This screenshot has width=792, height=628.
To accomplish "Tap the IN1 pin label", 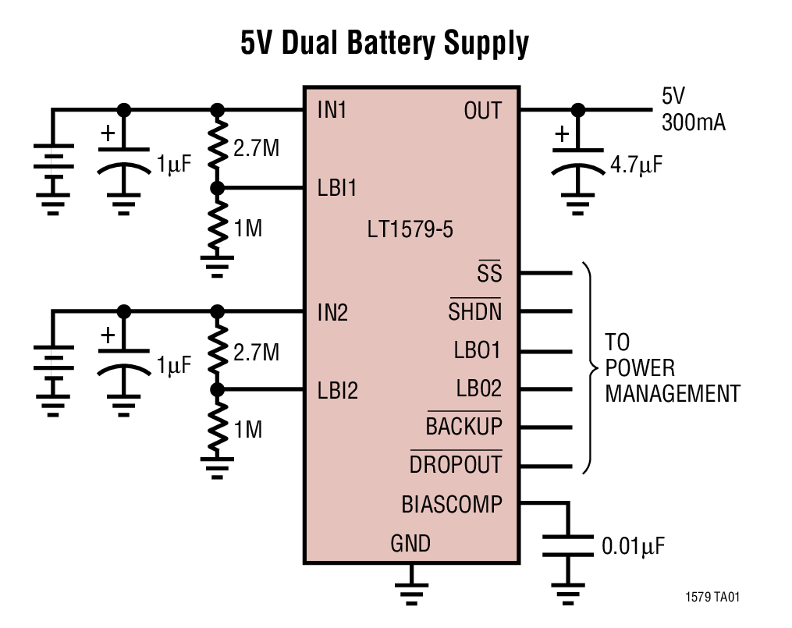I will coord(332,111).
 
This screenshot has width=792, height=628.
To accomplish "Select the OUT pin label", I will coord(482,111).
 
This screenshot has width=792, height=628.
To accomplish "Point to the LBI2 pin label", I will coord(337,390).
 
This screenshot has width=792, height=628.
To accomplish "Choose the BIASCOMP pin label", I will coord(452,505).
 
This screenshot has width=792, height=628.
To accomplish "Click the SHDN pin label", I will coord(475,312).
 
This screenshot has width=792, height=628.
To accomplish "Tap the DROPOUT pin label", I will coord(456,465).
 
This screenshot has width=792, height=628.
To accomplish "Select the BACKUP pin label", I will coord(464,427).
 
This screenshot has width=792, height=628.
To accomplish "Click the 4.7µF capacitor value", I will coord(638,166).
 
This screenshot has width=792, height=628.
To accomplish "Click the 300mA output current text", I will coord(693,122).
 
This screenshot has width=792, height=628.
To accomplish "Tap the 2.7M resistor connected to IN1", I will coord(218,148).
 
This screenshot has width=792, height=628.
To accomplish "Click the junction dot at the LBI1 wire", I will coord(218,188).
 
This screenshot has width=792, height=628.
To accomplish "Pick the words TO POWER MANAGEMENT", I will coord(672,368).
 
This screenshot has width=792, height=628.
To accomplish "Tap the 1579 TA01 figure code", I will coord(712,598).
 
